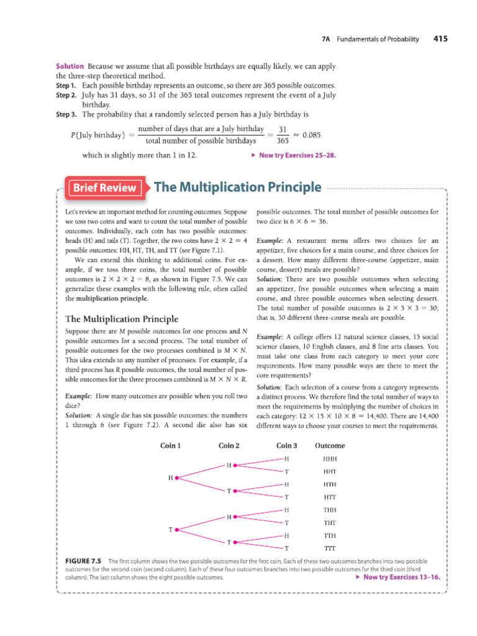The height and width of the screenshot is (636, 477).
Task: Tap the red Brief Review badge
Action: pyautogui.click(x=105, y=188)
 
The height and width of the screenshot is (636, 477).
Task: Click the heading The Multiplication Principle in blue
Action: pyautogui.click(x=237, y=187)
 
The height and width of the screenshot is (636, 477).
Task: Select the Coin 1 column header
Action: pyautogui.click(x=171, y=445)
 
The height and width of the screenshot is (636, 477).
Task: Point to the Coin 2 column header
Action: pyautogui.click(x=229, y=445)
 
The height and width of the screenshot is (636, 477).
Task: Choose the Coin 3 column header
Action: pyautogui.click(x=286, y=445)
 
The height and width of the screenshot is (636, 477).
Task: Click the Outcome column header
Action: pyautogui.click(x=330, y=445)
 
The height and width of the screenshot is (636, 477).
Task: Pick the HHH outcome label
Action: pyautogui.click(x=329, y=459)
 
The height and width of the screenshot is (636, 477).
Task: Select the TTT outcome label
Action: pyautogui.click(x=329, y=548)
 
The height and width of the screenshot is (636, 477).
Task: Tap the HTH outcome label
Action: pyautogui.click(x=329, y=484)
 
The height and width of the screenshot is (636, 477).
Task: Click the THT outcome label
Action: pyautogui.click(x=329, y=523)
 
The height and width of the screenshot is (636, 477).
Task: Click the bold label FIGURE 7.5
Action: pyautogui.click(x=84, y=561)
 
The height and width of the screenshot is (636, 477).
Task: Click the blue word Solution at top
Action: pyautogui.click(x=70, y=66)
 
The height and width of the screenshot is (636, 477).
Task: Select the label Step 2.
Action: pyautogui.click(x=66, y=96)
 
